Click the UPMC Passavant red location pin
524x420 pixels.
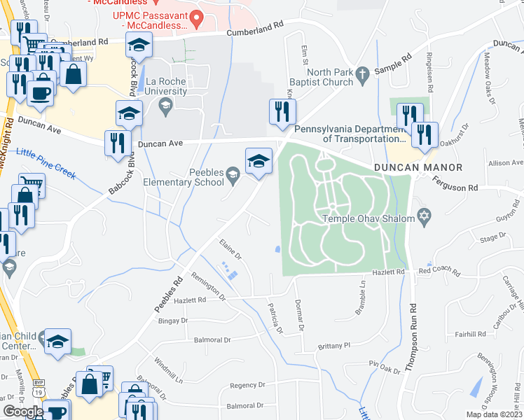(x=198, y=18)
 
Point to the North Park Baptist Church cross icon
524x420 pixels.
(x=362, y=73)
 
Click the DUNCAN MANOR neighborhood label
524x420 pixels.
(x=418, y=167)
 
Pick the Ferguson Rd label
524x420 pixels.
(x=455, y=188)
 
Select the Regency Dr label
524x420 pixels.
(x=247, y=385)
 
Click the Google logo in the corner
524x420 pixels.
(x=23, y=412)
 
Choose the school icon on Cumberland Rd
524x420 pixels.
(x=139, y=45)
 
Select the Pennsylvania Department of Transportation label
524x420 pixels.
(x=350, y=134)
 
